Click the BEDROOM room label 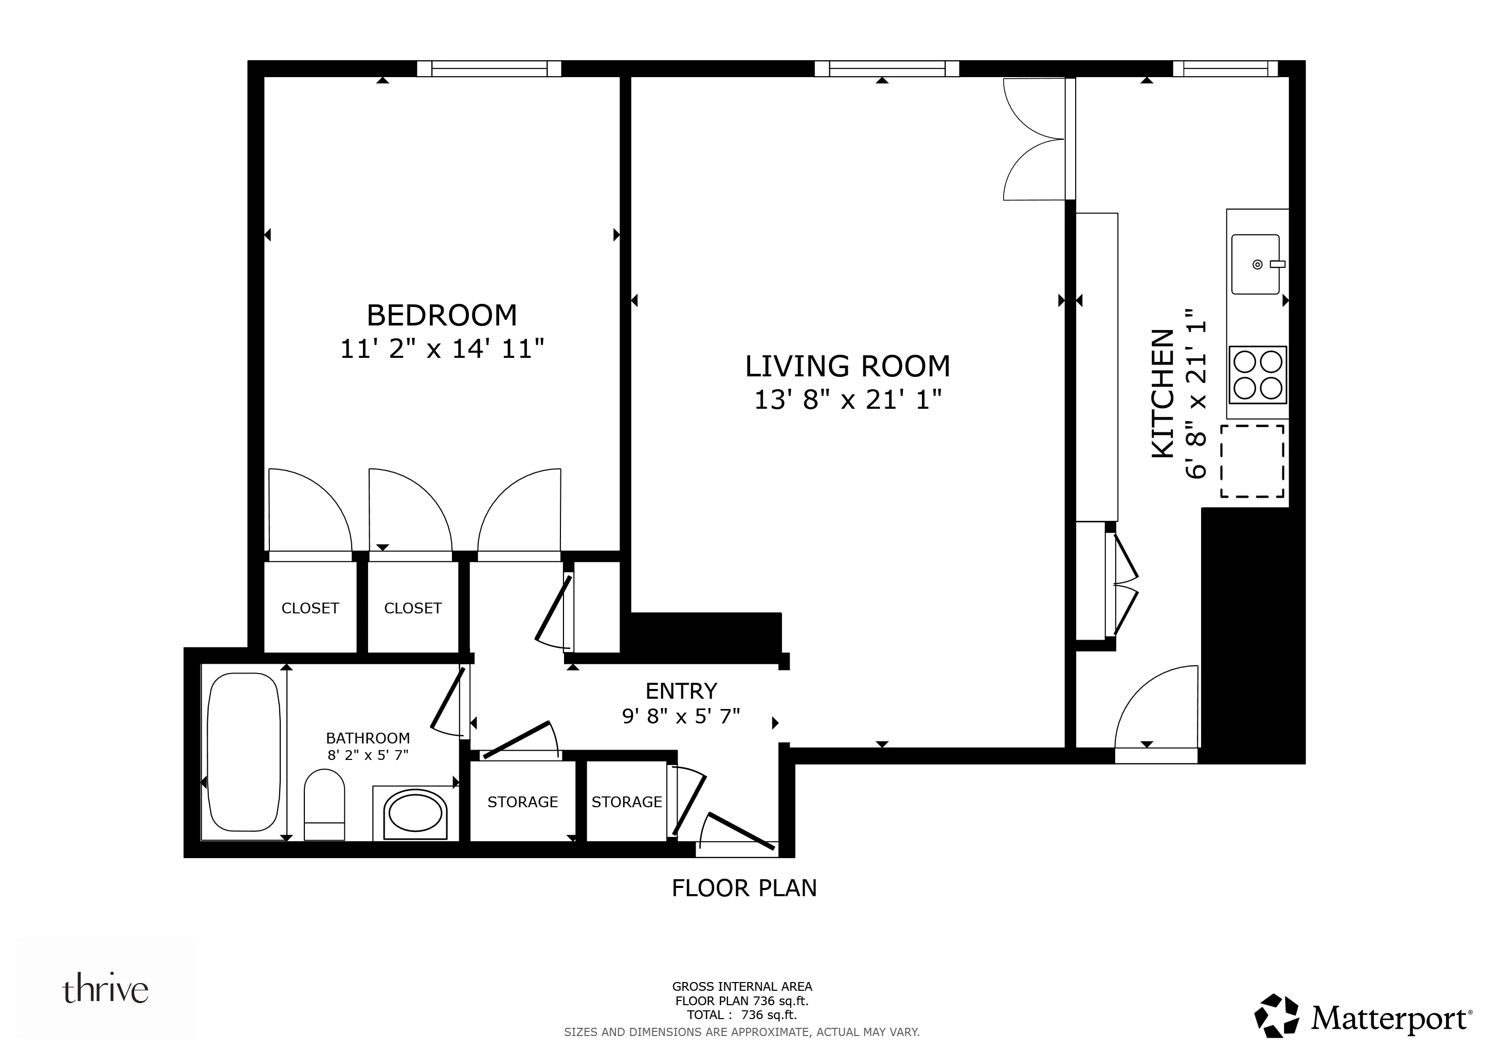tap(442, 316)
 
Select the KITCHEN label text tap(1163, 393)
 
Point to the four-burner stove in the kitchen tap(1258, 375)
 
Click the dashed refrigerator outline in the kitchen tap(1252, 461)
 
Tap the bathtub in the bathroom tap(243, 752)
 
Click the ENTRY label tap(681, 691)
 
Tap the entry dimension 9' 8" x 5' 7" tap(681, 716)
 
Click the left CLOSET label tap(310, 608)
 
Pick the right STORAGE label tap(626, 802)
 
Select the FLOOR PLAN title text tap(744, 887)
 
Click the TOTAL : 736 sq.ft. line tap(742, 1015)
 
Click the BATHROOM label tap(368, 738)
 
